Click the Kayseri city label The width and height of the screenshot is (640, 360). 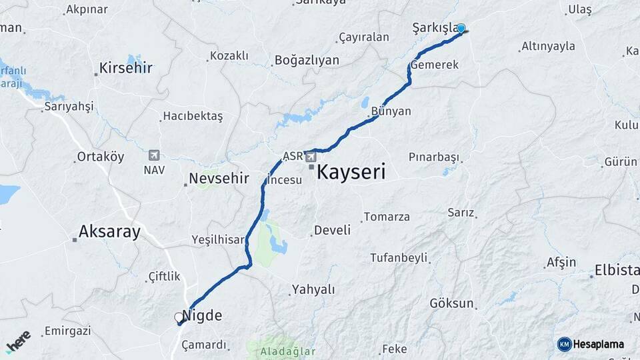[351, 172]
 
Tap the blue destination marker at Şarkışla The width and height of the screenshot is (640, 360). [461, 29]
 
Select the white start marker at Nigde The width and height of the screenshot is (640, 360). [179, 317]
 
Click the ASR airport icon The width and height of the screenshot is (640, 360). [311, 157]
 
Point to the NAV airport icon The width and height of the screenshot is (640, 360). [155, 155]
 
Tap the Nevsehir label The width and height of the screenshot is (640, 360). [219, 179]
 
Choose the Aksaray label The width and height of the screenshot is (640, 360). [109, 232]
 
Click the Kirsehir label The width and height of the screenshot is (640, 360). [125, 68]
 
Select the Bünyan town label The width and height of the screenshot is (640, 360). [391, 111]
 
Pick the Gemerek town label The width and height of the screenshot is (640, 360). [435, 65]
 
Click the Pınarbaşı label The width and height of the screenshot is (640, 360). [434, 157]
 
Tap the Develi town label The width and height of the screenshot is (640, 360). [332, 230]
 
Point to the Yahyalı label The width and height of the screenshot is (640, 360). [313, 290]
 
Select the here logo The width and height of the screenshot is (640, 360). [18, 341]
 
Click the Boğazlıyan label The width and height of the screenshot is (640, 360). [307, 61]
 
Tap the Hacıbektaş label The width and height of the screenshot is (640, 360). [193, 116]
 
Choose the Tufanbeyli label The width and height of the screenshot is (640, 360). [399, 258]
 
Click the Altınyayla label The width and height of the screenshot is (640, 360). [548, 47]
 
